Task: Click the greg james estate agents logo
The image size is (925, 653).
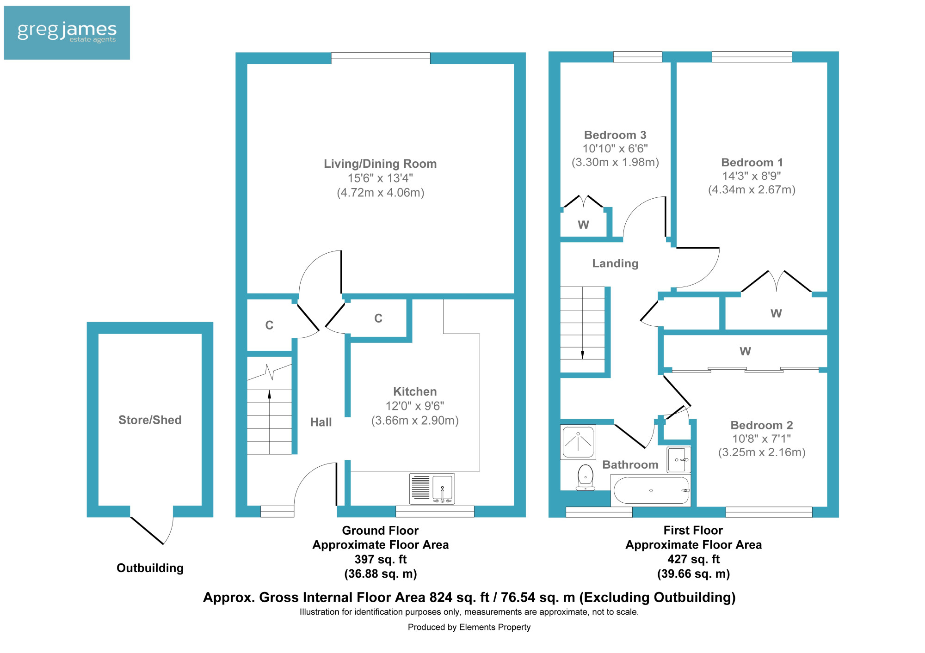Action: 67,32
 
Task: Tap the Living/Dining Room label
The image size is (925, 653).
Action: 380,164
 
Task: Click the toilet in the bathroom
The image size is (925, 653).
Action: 586,477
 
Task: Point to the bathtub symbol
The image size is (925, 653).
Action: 650,490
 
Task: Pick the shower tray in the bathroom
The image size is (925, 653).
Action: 578,442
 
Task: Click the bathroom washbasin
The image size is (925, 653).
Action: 678,460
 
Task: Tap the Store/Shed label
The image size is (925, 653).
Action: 150,420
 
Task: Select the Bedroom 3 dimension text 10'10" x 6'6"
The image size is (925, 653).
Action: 615,148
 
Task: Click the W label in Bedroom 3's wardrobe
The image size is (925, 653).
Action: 583,225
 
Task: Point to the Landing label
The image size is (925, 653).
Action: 615,263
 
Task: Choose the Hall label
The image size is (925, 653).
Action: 321,422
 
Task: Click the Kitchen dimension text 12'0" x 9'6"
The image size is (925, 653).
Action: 415,406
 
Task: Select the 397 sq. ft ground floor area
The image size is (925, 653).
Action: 380,559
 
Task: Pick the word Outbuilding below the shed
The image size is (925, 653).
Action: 150,568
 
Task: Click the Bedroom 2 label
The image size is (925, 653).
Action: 762,425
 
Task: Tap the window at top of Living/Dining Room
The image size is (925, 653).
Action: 381,58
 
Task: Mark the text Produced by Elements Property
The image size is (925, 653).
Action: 469,627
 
